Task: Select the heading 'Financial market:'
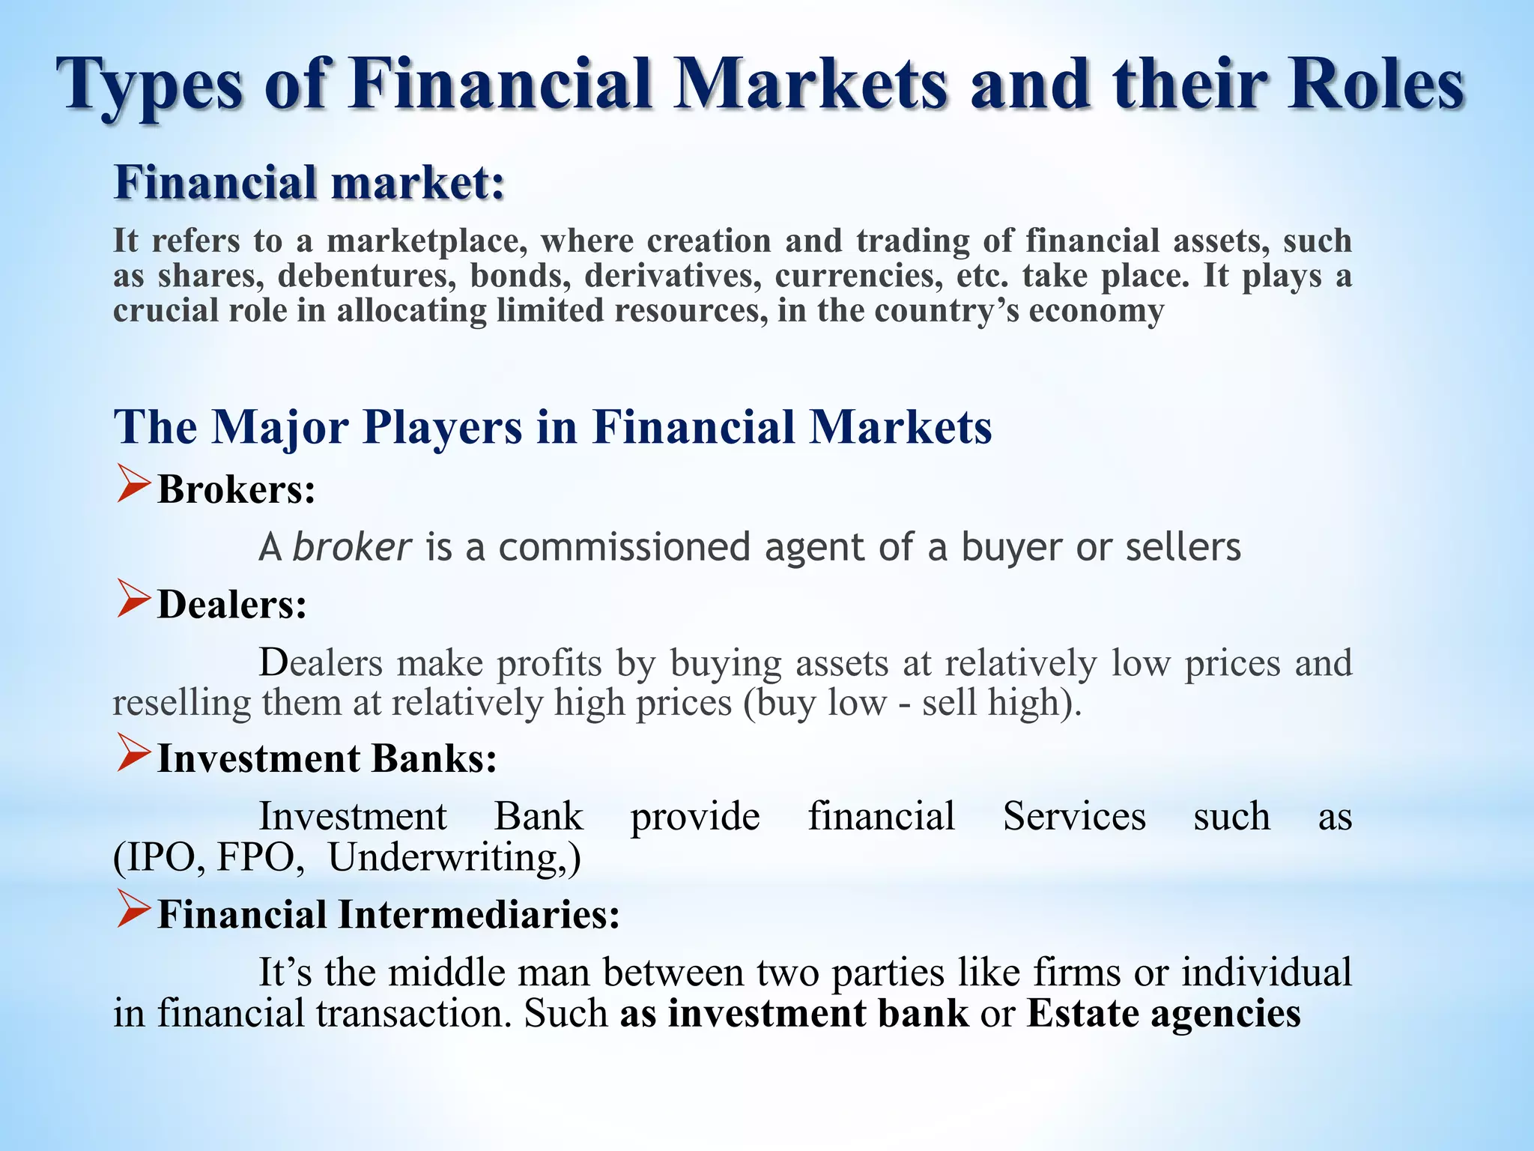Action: tap(309, 183)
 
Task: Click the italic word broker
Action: tap(351, 547)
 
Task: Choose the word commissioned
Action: tap(624, 547)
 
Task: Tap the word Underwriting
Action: tap(448, 858)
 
